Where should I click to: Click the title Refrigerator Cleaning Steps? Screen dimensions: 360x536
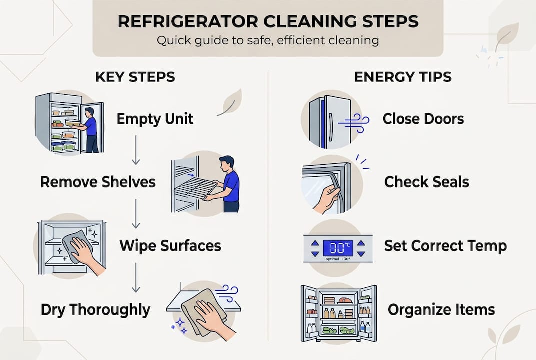[268, 22]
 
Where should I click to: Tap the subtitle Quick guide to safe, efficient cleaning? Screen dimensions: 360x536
[268, 40]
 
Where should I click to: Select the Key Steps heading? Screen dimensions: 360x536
[135, 77]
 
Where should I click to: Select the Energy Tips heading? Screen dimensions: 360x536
[403, 77]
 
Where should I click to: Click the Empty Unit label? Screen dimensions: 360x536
[155, 119]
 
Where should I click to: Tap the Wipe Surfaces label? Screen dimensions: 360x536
[170, 245]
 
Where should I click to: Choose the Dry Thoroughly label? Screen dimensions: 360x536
[95, 309]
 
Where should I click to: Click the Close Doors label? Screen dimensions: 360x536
[423, 119]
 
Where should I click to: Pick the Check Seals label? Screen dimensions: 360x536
[426, 182]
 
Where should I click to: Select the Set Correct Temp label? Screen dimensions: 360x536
[445, 246]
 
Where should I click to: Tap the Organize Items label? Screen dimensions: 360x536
[441, 309]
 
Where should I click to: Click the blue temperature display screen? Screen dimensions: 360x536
[338, 247]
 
